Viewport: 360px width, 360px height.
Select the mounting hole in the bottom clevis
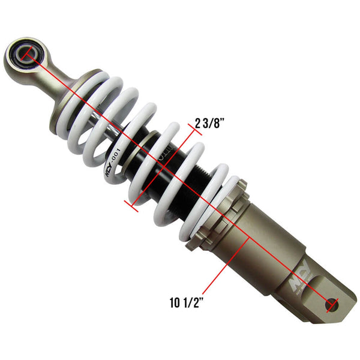[x=329, y=304]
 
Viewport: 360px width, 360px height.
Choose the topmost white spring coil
[x=114, y=90]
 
